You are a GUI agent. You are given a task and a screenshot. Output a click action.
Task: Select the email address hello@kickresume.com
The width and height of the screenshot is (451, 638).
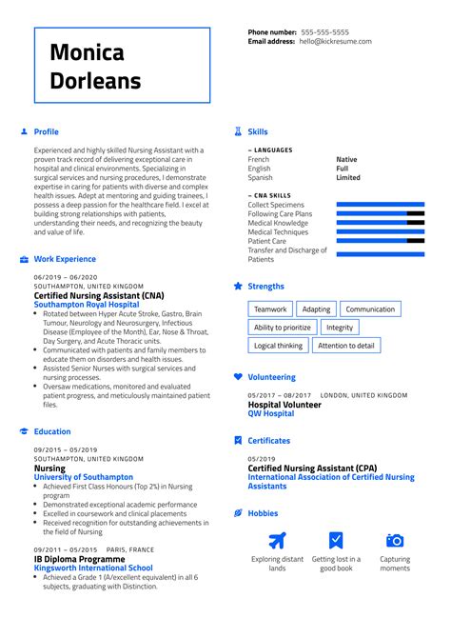[x=348, y=42]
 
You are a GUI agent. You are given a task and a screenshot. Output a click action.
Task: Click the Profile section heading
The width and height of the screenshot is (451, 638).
[x=46, y=131]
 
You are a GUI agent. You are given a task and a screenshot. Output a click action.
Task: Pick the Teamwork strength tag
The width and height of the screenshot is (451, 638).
[x=270, y=309]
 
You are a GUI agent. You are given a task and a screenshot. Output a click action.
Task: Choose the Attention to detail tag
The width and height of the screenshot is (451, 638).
[x=346, y=346]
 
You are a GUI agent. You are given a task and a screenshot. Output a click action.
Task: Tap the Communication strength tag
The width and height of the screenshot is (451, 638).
[x=370, y=309]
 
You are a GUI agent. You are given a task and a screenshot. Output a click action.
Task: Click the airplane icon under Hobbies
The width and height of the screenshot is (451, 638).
[x=277, y=541]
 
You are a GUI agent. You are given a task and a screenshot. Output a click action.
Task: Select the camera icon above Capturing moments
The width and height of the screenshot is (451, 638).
[x=395, y=541]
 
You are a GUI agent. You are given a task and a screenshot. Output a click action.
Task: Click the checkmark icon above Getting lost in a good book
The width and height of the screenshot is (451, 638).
[x=336, y=541]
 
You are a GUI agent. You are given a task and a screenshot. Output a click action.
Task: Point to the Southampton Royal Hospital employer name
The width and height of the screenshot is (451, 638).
[x=89, y=304]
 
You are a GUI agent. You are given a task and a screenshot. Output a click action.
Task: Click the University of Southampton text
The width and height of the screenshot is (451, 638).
[x=84, y=477]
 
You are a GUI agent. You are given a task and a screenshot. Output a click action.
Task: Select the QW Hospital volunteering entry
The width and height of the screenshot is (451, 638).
[x=271, y=414]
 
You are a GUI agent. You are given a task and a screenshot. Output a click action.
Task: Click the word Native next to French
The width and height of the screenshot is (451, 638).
[x=346, y=160]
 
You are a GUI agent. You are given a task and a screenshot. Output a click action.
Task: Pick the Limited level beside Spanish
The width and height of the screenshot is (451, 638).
[x=348, y=177]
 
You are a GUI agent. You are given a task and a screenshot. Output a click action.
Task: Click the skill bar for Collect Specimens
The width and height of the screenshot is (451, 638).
[x=381, y=205]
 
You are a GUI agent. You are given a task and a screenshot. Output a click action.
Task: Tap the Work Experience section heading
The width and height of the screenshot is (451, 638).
[x=65, y=259]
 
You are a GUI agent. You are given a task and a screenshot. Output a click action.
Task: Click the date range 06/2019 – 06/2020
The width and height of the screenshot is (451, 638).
[x=67, y=277]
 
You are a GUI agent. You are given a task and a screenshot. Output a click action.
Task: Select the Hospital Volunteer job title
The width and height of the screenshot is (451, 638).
[x=284, y=405]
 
